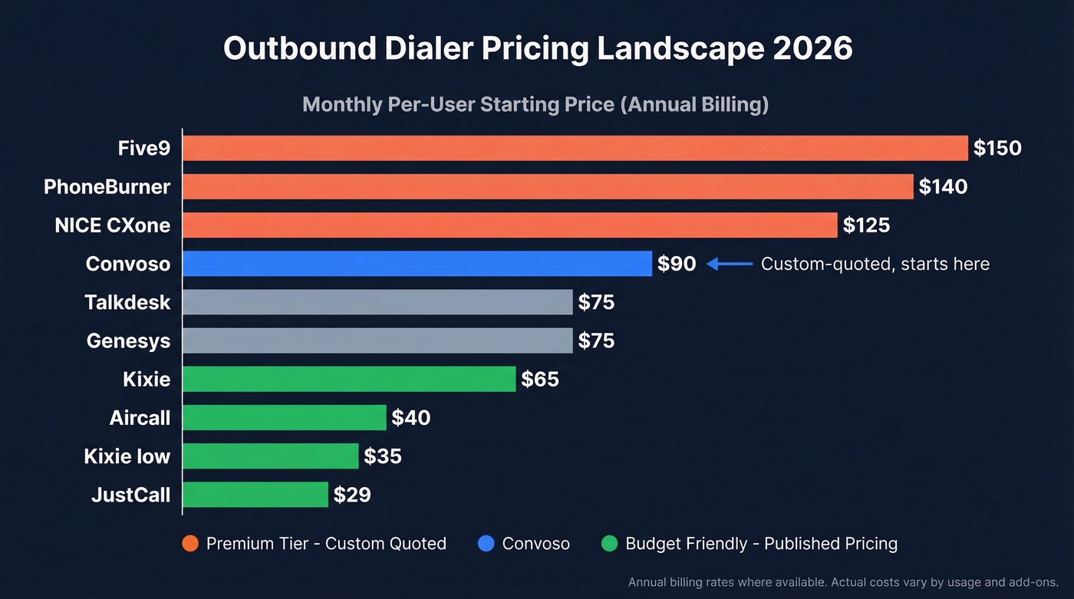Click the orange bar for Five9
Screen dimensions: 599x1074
tap(575, 148)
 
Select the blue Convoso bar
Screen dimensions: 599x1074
tap(417, 264)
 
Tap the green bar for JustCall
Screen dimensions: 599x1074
tap(255, 495)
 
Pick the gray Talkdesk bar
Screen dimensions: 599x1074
tap(377, 302)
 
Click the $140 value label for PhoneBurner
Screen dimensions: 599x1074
tap(943, 186)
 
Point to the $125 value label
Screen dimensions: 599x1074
tap(866, 225)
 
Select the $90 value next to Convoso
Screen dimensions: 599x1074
tap(677, 264)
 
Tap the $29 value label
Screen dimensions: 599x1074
tap(352, 495)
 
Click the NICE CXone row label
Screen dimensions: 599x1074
tap(113, 225)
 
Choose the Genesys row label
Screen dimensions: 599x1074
tap(128, 341)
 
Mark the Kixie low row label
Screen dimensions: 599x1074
tap(127, 456)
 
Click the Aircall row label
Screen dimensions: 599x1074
tap(140, 418)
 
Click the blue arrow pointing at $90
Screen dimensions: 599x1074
tap(729, 264)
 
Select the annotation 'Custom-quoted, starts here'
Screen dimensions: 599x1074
tap(875, 264)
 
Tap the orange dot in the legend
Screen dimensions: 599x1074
tap(190, 544)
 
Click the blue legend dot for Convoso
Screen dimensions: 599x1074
tap(486, 544)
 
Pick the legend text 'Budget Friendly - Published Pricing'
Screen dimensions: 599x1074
tap(761, 544)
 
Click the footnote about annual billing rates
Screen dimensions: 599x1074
tap(843, 582)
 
